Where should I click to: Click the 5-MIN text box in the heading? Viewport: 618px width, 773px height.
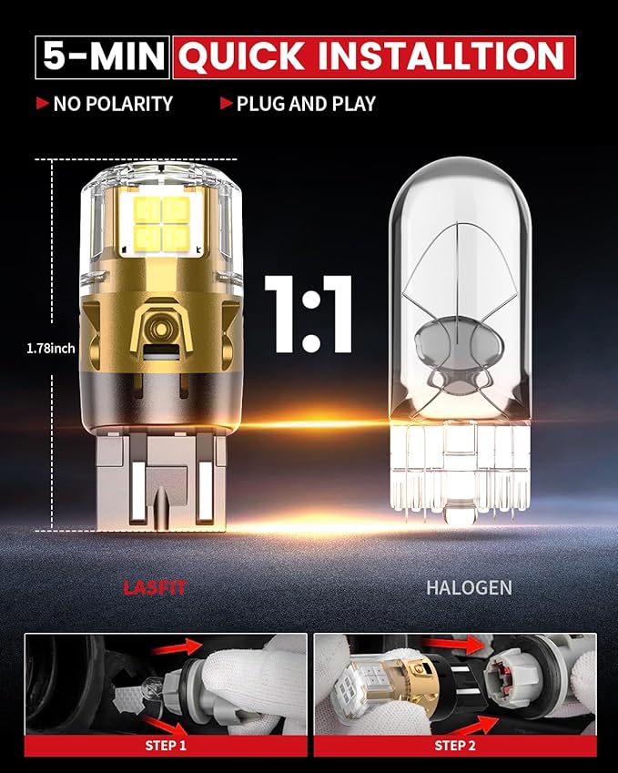(x=103, y=56)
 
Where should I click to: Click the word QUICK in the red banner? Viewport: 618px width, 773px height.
(x=241, y=56)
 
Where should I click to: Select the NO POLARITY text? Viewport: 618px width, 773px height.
(x=113, y=104)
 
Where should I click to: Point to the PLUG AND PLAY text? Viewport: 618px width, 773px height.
(x=306, y=104)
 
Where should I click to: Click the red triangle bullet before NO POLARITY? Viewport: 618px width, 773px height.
(x=43, y=103)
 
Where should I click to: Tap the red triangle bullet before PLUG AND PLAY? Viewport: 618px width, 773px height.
(x=227, y=103)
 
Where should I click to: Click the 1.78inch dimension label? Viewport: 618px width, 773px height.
(x=51, y=349)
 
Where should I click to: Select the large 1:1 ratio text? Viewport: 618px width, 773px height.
(x=309, y=314)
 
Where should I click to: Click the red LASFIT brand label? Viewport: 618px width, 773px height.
(x=155, y=587)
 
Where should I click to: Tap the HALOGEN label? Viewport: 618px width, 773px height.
(x=469, y=587)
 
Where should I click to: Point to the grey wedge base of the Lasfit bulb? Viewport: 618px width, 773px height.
(x=161, y=482)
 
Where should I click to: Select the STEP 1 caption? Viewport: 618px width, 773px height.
(x=166, y=746)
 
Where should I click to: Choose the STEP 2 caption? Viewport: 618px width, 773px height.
(x=455, y=746)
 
